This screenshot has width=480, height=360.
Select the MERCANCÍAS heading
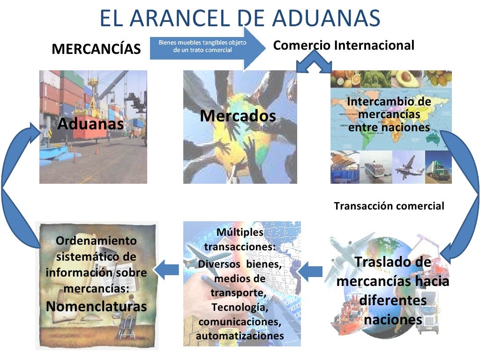pyautogui.click(x=96, y=49)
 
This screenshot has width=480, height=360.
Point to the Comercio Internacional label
pyautogui.click(x=344, y=45)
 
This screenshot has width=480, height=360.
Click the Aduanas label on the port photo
pyautogui.click(x=90, y=124)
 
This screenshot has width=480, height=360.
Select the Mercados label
pyautogui.click(x=238, y=116)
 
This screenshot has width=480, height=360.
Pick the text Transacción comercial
pyautogui.click(x=389, y=206)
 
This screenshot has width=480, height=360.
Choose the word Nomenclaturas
pyautogui.click(x=97, y=307)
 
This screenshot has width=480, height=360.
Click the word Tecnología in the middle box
pyautogui.click(x=240, y=308)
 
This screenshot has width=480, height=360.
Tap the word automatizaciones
pyautogui.click(x=240, y=336)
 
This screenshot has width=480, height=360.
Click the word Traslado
pyautogui.click(x=393, y=262)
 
